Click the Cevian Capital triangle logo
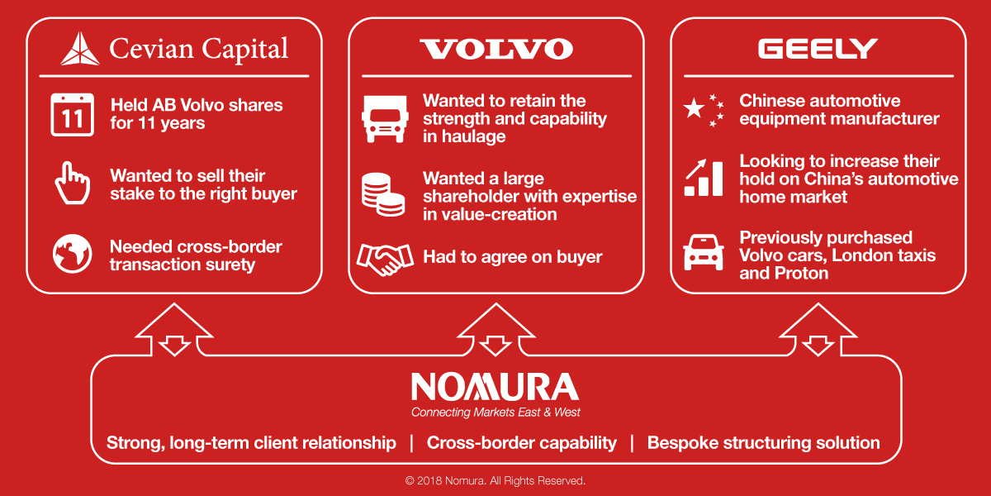tap(79, 49)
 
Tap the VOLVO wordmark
tap(496, 49)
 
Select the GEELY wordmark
tap(818, 49)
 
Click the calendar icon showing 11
tap(72, 114)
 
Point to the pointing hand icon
tap(72, 183)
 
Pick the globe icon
tap(72, 254)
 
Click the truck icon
tap(385, 119)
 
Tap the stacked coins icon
tap(383, 194)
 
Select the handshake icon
tap(385, 260)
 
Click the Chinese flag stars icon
tap(704, 110)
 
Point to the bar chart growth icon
tap(704, 178)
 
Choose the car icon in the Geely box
tap(704, 252)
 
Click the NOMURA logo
tap(495, 387)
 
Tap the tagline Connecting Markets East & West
tap(495, 413)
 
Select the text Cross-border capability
tap(522, 443)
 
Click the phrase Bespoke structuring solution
tap(764, 443)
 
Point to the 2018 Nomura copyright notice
tap(495, 480)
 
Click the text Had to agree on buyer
tap(512, 257)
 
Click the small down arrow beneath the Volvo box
tap(495, 346)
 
